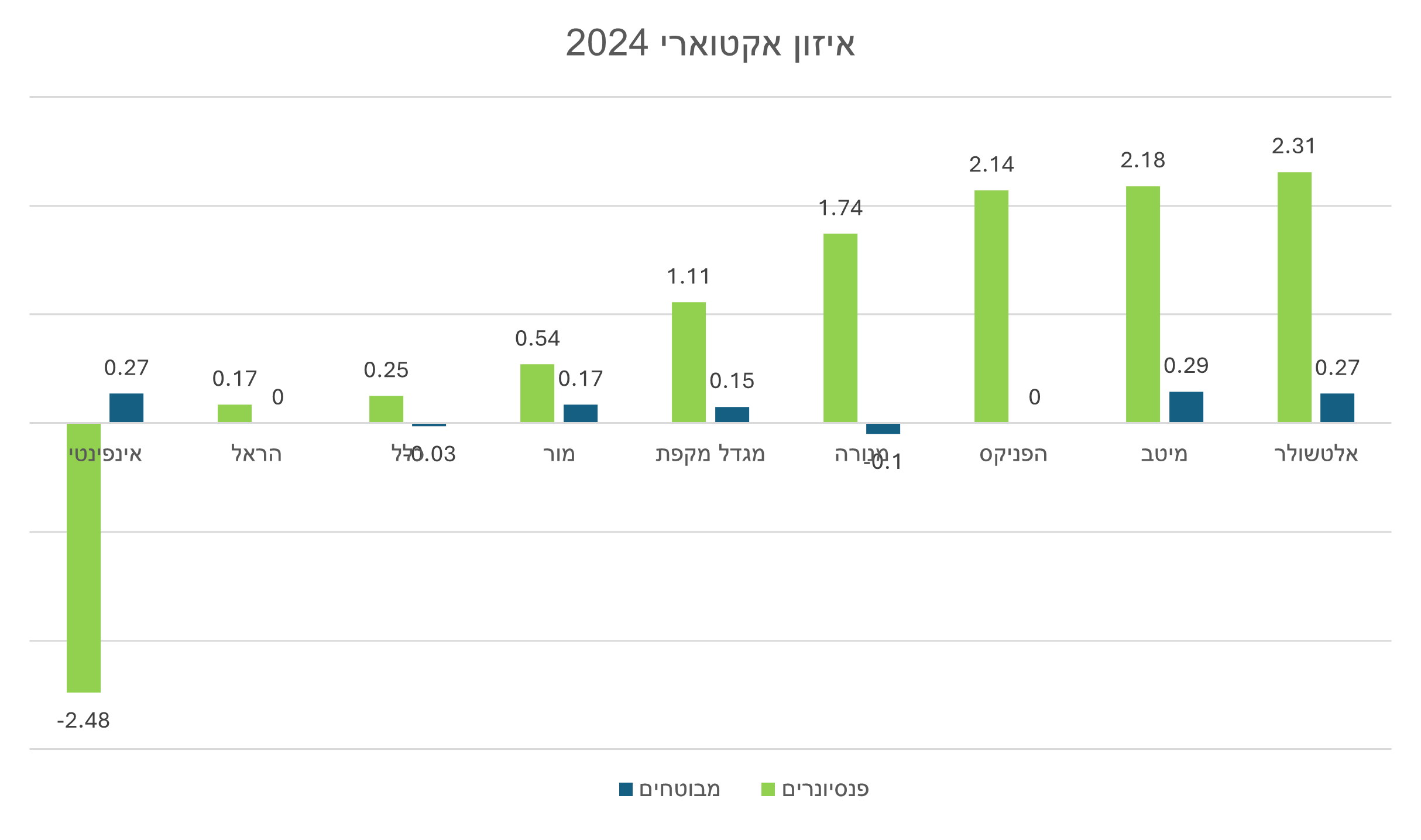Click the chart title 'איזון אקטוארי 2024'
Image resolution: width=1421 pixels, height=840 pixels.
point(710,44)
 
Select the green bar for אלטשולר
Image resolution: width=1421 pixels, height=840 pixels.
point(1294,297)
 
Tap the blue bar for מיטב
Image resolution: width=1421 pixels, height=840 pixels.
point(1186,407)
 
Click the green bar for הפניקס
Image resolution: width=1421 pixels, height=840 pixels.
point(991,306)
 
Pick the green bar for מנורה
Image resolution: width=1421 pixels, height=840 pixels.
point(840,328)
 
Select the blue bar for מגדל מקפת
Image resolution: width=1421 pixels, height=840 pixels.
point(732,414)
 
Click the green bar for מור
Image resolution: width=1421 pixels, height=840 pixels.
point(537,393)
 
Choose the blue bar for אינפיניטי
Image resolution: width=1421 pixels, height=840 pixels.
point(126,407)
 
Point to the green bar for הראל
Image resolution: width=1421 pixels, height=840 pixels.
point(235,413)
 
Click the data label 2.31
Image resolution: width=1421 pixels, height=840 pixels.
point(1293,146)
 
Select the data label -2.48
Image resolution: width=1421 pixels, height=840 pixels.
point(83,721)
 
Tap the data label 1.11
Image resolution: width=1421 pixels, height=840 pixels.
point(688,277)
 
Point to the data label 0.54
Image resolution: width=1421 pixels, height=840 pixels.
point(537,339)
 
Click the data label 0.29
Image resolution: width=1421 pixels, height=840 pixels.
point(1186,366)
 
